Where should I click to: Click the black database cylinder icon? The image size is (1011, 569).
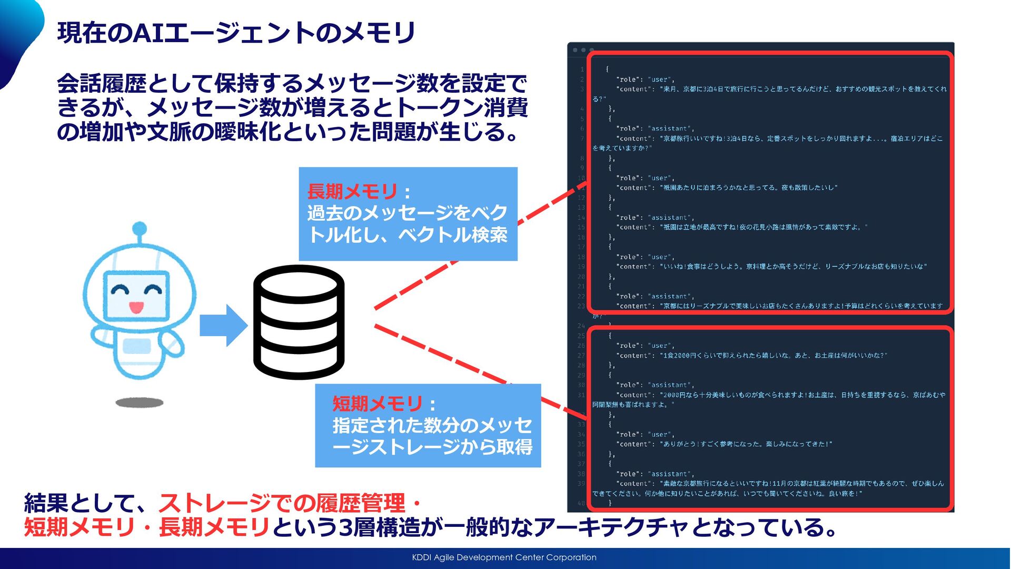coord(299,322)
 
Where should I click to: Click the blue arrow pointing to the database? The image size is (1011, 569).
coord(223,325)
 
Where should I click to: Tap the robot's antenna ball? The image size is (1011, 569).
coord(140,229)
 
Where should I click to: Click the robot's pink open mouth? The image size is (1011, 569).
coord(136,307)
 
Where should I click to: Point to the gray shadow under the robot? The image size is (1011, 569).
coord(140,403)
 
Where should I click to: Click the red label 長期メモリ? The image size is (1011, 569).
coord(352,191)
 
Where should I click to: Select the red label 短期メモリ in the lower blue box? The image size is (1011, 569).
coord(377,404)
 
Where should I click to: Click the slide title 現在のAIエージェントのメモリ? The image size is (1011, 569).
coord(236,33)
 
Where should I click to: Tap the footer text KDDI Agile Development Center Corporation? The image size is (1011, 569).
coord(504,557)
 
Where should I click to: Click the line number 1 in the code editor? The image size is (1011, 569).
coord(582,70)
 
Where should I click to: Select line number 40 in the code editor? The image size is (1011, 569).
coord(581,503)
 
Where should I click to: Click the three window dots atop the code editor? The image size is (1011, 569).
coord(583,50)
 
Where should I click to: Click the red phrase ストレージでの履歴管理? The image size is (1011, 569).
coord(282,504)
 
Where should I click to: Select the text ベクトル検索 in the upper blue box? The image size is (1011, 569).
coord(452,235)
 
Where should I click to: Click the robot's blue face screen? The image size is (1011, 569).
coord(137,295)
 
